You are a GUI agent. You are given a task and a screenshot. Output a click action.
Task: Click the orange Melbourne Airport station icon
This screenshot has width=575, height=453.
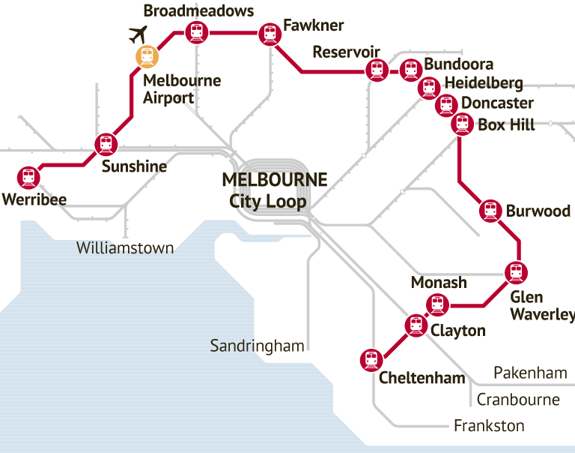pos(147,55)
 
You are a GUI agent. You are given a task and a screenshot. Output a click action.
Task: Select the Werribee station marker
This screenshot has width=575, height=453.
pos(28,177)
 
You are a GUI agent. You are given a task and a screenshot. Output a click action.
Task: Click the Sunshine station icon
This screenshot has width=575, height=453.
pos(106,144)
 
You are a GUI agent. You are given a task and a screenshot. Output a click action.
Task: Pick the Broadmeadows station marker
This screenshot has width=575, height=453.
pos(196,32)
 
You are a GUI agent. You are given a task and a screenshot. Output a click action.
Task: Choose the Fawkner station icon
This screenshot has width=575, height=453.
pos(270,34)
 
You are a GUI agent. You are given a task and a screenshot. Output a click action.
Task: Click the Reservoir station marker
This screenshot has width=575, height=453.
pos(376,70)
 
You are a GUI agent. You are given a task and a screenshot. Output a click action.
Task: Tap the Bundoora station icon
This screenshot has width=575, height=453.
pos(410,70)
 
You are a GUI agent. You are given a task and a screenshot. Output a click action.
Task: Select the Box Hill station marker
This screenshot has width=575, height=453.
pos(462,124)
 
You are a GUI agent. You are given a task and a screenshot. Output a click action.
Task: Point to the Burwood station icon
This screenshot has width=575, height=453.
pos(490,211)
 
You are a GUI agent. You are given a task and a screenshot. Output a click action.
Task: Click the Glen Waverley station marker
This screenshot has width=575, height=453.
pos(515,271)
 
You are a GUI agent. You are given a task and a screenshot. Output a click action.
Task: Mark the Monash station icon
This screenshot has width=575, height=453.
pos(436,304)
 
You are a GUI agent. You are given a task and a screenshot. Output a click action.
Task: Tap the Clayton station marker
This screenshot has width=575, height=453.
pos(416,325)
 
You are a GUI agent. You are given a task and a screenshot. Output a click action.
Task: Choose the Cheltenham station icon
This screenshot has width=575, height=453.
pos(370,360)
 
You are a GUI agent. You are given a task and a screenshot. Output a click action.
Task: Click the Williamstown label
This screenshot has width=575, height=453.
pos(125,247)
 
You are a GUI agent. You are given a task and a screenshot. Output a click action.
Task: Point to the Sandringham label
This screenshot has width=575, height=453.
pos(257,346)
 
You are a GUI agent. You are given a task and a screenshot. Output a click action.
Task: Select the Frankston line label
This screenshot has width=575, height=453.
pos(489,426)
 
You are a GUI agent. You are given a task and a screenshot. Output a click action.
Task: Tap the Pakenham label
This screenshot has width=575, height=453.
pos(530,373)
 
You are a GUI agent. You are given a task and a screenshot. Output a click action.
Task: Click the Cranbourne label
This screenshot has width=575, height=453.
pos(518,399)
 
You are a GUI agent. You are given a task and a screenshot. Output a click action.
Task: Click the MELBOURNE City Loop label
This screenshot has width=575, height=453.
pos(274,190)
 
